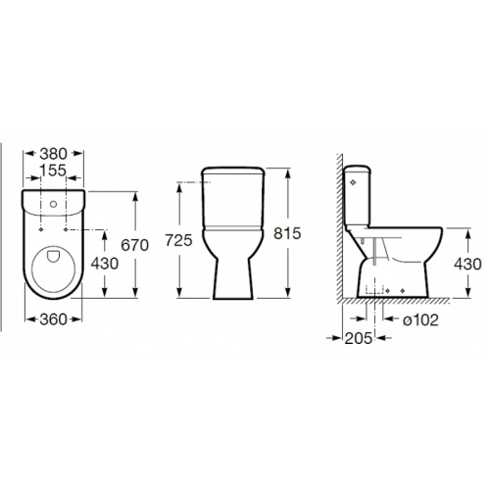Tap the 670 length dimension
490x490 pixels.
(x=134, y=245)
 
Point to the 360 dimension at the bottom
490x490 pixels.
(x=53, y=318)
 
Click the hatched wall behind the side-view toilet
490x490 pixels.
(x=337, y=235)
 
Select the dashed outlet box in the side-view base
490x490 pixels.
(x=375, y=290)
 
